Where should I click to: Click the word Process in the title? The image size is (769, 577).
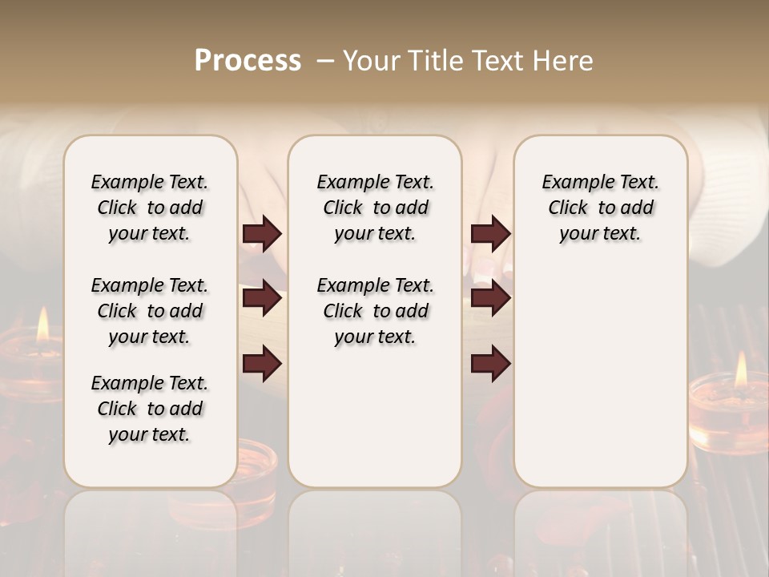tap(248, 61)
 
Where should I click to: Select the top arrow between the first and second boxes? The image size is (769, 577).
tap(262, 234)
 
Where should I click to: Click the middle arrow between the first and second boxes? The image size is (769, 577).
tap(262, 299)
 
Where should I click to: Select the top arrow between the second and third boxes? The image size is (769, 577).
tap(490, 234)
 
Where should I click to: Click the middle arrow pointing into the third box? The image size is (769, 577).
tap(490, 299)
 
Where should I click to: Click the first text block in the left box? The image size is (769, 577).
tap(150, 208)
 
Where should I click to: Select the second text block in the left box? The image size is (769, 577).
tap(150, 311)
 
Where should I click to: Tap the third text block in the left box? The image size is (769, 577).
tap(150, 409)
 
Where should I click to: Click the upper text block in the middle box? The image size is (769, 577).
tap(375, 208)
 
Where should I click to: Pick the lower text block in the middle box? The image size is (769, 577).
tap(375, 311)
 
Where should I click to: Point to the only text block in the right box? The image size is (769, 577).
tap(600, 208)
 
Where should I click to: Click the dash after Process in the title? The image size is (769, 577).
tap(325, 61)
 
